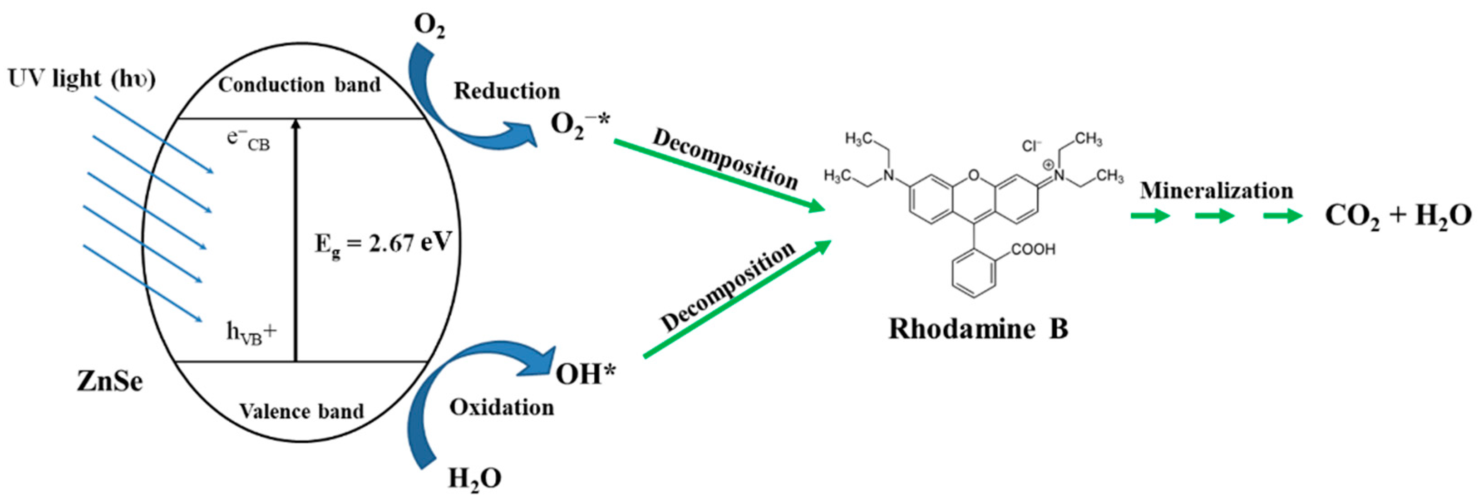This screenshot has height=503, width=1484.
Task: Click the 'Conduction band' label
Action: point(299,85)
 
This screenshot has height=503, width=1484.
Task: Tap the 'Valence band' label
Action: point(301,411)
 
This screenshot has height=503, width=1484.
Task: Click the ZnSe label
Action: point(109,381)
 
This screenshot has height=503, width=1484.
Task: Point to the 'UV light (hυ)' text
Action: point(81,78)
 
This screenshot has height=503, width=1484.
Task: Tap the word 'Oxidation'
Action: point(501,407)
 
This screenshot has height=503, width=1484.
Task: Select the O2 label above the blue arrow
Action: point(429,26)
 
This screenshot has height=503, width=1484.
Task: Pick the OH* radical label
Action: point(585,374)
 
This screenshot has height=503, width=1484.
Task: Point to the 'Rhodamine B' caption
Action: point(978,329)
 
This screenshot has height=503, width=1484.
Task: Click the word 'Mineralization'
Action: point(1216,190)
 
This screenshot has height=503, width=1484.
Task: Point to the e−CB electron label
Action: point(248,140)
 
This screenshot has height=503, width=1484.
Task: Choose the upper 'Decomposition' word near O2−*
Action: point(725,159)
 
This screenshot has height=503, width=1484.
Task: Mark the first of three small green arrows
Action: point(1150,216)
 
